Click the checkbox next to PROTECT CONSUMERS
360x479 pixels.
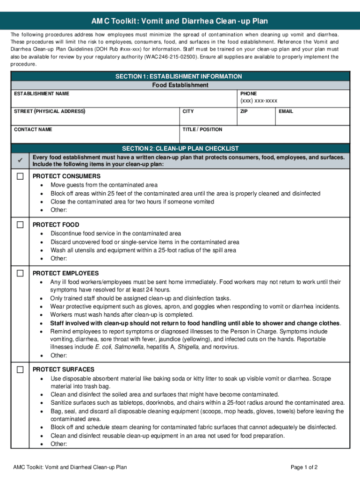coord(20,176)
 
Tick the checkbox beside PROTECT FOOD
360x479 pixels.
coord(20,225)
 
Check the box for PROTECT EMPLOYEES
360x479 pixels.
coord(20,273)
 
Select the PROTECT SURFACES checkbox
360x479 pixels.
coord(20,370)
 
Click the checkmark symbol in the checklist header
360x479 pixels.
coord(20,160)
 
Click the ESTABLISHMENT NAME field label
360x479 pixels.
coord(42,94)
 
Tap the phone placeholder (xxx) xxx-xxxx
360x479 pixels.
coord(259,101)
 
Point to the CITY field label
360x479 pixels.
coord(188,111)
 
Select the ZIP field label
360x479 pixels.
coord(244,111)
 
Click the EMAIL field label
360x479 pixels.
coord(286,111)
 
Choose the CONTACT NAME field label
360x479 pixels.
coord(33,129)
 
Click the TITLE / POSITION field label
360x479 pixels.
coord(202,129)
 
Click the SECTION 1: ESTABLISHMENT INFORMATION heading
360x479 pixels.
coord(180,76)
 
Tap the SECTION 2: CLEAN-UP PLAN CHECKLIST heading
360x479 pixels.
coord(180,148)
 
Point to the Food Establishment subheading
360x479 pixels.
coord(180,85)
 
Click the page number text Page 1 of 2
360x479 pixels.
coord(304,467)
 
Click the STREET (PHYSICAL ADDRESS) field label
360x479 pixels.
coord(50,111)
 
